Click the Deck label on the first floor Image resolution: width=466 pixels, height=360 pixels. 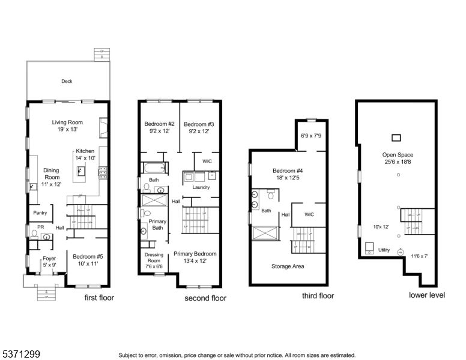[x=67, y=82]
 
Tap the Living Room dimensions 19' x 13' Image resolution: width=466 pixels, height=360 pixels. [x=67, y=129]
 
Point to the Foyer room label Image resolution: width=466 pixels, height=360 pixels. [x=49, y=259]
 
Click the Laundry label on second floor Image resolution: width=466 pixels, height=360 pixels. [x=200, y=187]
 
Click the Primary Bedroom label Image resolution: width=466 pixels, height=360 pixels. [x=195, y=254]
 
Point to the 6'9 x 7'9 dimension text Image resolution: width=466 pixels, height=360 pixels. [x=310, y=136]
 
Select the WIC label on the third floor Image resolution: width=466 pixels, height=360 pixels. [x=309, y=214]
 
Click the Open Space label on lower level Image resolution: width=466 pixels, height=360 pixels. [x=398, y=155]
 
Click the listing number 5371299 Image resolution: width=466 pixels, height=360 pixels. [x=20, y=355]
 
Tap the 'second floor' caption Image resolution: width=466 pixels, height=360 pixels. [x=205, y=298]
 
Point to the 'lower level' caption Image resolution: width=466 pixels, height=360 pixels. [x=426, y=295]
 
